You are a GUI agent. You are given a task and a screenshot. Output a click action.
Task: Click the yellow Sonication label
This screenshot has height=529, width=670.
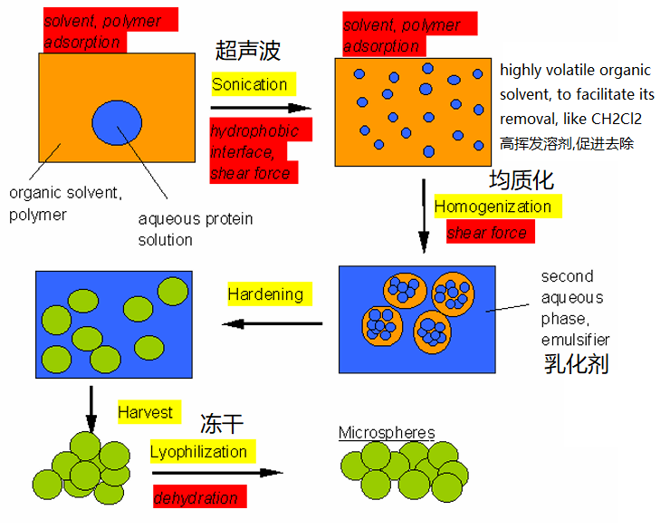tap(254, 84)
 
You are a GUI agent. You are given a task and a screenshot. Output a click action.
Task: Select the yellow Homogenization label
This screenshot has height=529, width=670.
tap(498, 207)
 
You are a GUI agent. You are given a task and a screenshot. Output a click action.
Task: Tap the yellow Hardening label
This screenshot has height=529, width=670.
tap(270, 293)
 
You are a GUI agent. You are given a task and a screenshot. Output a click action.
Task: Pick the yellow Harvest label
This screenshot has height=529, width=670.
tap(149, 412)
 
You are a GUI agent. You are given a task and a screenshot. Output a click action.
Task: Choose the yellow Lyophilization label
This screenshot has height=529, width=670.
tap(203, 451)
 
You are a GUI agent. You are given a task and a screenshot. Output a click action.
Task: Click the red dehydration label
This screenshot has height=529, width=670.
tap(199, 496)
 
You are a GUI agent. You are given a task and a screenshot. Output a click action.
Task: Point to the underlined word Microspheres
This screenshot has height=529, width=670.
tap(387, 432)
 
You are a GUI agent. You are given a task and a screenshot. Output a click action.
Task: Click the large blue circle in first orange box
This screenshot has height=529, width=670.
tap(117, 122)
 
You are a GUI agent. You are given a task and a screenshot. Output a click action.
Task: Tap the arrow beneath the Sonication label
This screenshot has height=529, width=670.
tap(261, 108)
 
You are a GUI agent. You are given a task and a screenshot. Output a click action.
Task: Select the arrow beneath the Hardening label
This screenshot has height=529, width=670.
tap(273, 323)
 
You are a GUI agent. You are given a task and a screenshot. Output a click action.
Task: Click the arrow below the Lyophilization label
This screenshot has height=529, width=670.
tap(217, 473)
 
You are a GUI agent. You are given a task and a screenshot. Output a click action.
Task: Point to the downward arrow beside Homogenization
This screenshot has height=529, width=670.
tap(424, 216)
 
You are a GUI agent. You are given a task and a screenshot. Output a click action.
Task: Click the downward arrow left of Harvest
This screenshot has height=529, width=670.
tap(91, 409)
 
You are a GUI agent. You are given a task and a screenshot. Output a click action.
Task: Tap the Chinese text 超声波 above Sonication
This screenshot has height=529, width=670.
tap(248, 51)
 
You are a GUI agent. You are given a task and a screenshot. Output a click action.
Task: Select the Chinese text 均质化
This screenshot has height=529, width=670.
tap(522, 180)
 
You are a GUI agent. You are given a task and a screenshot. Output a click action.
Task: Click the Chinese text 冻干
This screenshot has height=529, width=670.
tap(222, 424)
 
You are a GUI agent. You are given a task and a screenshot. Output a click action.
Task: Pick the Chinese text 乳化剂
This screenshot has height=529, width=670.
tap(577, 364)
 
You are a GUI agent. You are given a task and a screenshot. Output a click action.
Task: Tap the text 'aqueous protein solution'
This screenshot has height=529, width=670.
tap(196, 229)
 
